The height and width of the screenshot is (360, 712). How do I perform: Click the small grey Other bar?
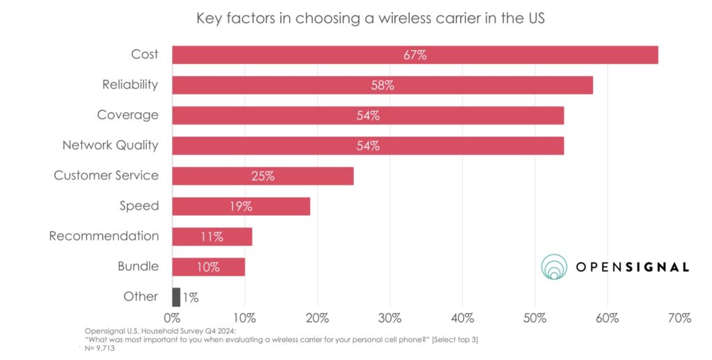[x=176, y=297]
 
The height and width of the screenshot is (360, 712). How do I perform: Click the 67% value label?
[x=414, y=55]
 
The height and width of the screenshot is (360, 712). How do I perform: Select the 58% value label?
[x=382, y=85]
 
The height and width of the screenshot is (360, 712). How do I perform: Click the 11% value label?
[x=211, y=237]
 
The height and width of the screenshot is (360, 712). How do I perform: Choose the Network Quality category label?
[x=111, y=146]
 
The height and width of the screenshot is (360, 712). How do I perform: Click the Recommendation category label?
[x=104, y=236]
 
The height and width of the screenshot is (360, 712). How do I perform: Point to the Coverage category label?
[x=127, y=115]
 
